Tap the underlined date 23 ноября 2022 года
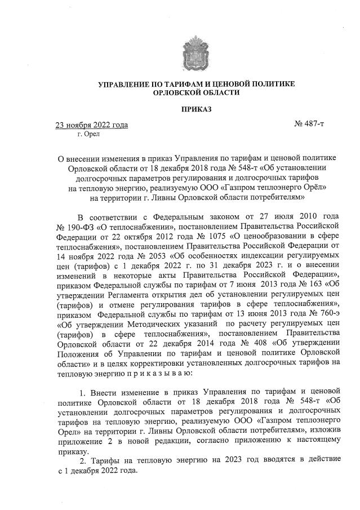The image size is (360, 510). coord(90,125)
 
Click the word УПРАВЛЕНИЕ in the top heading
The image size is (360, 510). coord(123,84)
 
